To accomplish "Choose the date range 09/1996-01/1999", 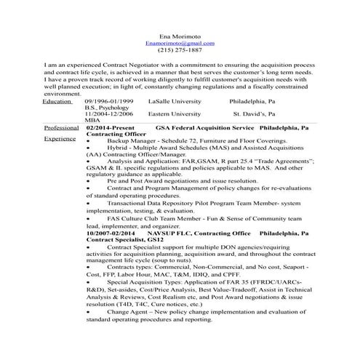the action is click(108, 101).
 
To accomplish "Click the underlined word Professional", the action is click(61, 127).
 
